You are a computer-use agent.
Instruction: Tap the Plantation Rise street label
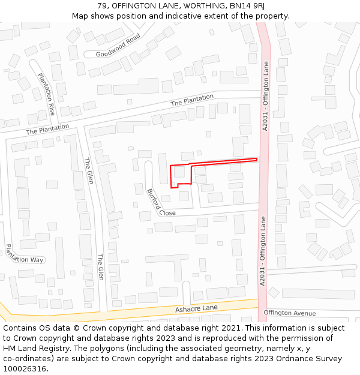pos(47,94)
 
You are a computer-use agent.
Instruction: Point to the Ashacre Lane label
pos(196,308)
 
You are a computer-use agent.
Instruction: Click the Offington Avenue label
pos(289,313)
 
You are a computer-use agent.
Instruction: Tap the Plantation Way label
pos(25,254)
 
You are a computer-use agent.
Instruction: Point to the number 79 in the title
pos(102,6)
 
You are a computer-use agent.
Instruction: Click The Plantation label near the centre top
pos(192,100)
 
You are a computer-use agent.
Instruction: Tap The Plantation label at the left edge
pos(47,129)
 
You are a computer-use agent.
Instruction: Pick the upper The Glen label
pos(88,170)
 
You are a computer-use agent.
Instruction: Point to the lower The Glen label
pos(101,267)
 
